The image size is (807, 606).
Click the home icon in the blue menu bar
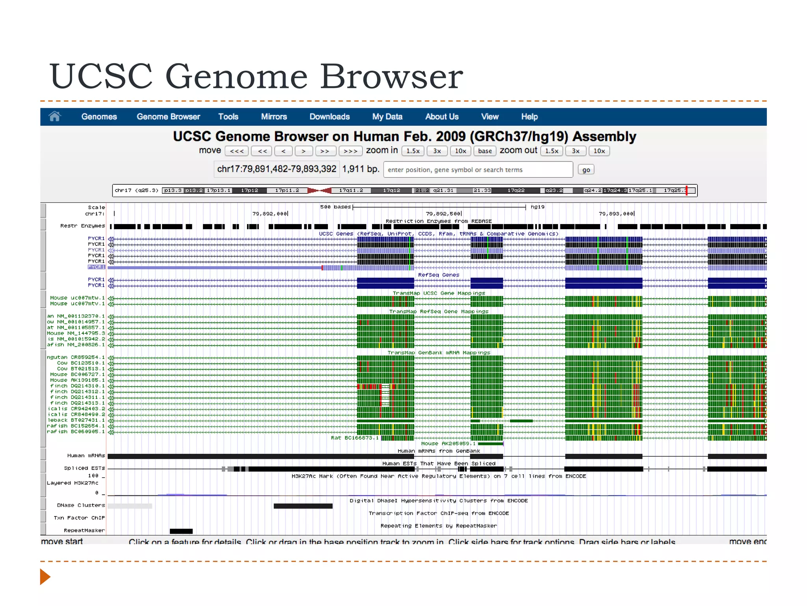(x=55, y=116)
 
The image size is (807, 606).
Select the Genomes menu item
(x=99, y=117)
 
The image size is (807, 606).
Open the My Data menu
(x=387, y=117)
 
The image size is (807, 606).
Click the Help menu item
(x=529, y=117)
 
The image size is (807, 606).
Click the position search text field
(x=478, y=170)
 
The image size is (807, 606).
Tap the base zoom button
(x=485, y=151)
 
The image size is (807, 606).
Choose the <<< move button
(x=237, y=151)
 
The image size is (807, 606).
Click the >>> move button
(x=350, y=151)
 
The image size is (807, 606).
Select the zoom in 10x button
(x=460, y=151)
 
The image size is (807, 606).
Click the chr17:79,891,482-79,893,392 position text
(x=277, y=169)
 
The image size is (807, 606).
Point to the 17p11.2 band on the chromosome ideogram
(x=287, y=191)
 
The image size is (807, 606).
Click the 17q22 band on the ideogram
(x=516, y=191)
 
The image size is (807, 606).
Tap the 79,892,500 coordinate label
(x=443, y=214)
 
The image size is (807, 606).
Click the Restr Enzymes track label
(x=82, y=226)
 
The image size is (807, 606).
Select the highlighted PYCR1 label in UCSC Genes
(x=96, y=267)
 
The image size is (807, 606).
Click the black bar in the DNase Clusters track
(x=303, y=506)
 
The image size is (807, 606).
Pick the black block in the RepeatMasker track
(x=181, y=531)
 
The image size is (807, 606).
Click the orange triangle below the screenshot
(x=45, y=577)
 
